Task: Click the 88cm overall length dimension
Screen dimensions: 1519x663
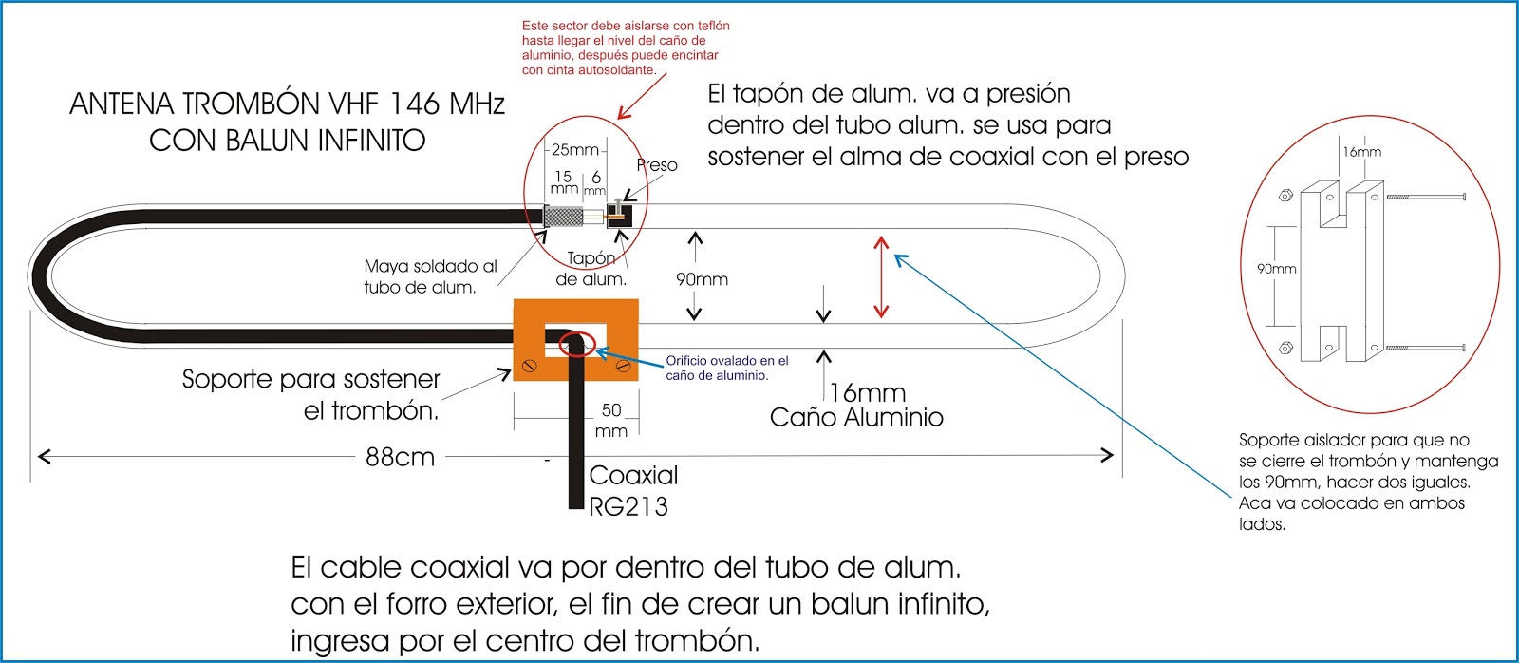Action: (400, 457)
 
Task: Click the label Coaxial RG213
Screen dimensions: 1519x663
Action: (631, 490)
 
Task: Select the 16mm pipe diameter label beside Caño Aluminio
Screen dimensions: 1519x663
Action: (868, 392)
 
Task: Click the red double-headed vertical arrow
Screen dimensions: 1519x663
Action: (881, 276)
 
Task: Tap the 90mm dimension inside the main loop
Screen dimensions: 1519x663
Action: (702, 279)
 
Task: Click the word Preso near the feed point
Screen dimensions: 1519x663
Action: (657, 165)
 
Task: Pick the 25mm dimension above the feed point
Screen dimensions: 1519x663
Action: (575, 149)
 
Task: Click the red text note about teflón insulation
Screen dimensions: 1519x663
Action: (625, 47)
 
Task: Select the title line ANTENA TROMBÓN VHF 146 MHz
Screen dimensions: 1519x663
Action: (287, 104)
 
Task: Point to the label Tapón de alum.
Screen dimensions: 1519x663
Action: (591, 269)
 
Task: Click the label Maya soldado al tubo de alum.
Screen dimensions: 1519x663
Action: (429, 276)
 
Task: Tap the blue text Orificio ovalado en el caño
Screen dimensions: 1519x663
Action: (726, 368)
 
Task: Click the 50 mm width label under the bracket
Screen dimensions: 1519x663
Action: (611, 420)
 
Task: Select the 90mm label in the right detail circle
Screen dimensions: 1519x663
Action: (1276, 269)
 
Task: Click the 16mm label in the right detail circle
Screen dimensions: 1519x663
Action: (1361, 152)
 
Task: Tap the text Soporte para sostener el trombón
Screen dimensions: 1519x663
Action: (310, 394)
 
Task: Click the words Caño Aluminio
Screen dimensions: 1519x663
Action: (856, 418)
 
